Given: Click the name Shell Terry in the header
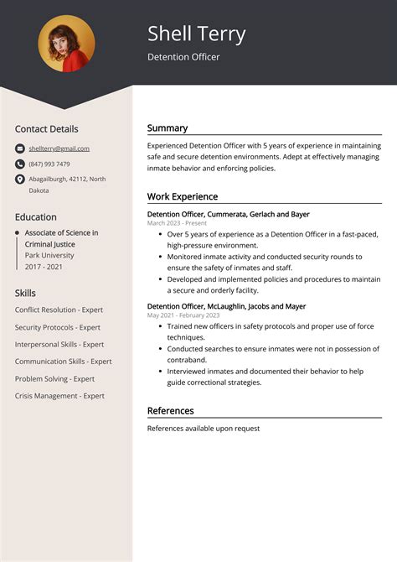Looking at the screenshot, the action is pos(197,34).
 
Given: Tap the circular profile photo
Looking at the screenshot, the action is pos(66,44).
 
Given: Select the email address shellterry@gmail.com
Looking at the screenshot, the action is pos(59,148).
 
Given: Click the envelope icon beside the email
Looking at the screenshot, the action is pos(19,148).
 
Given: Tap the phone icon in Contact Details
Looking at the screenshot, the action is pos(19,164).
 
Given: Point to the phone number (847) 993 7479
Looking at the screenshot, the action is pos(49,164).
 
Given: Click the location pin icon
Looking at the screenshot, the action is pos(19,180).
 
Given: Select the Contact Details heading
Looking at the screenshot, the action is pos(46,129).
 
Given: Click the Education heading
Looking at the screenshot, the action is pos(36,216).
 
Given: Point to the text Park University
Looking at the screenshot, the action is pos(49,255).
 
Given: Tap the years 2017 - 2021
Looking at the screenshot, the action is pos(44,267).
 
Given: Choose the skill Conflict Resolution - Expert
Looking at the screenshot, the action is pos(58,310).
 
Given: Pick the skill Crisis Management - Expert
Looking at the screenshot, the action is pos(59,396).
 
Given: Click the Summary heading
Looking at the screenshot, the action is pos(168,128).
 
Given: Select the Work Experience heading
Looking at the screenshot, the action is pos(183,196).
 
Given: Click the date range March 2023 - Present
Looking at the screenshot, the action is pos(177,224).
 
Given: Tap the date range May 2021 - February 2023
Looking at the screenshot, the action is pos(183,315).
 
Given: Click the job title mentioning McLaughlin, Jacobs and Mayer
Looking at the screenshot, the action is pos(226,306).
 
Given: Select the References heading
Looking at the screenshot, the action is pos(171,411).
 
